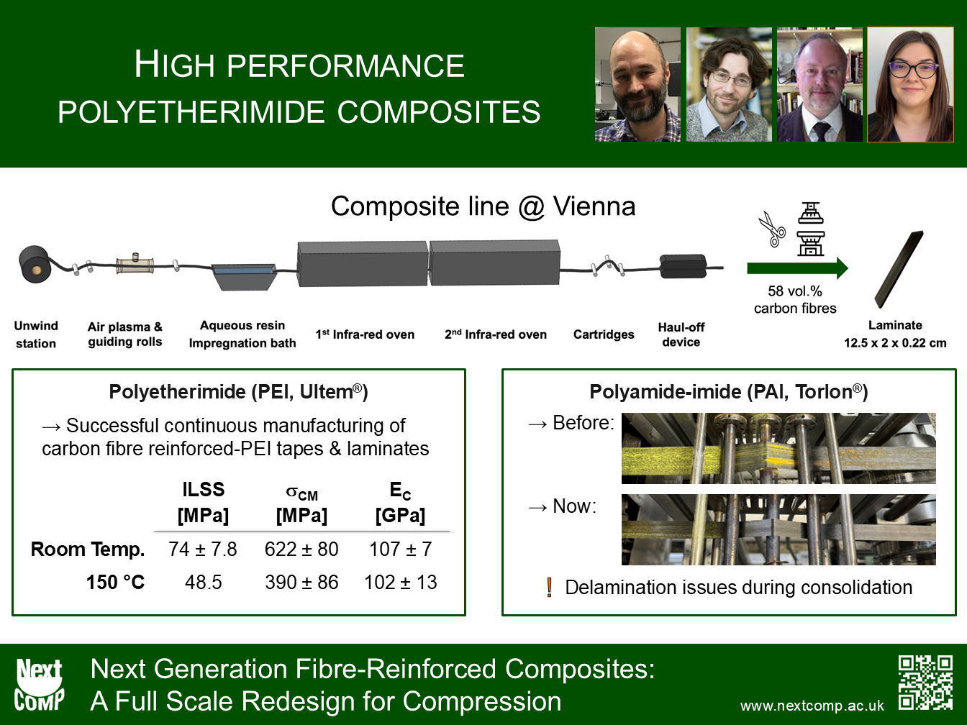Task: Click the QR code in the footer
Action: [x=925, y=683]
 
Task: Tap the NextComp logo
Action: [x=39, y=685]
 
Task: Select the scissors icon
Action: [x=772, y=229]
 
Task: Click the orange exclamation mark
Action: [x=550, y=587]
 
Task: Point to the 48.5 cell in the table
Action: [x=203, y=583]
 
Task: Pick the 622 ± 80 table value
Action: [x=301, y=549]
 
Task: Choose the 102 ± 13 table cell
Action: [x=401, y=583]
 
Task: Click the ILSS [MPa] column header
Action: [x=203, y=502]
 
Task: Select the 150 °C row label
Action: [x=115, y=583]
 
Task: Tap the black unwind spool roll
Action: [x=35, y=264]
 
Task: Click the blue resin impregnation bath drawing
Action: [x=244, y=276]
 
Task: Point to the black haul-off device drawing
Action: [x=683, y=266]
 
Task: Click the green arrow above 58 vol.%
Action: [x=797, y=268]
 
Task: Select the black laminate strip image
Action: [x=899, y=270]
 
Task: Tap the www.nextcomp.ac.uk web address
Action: [x=812, y=706]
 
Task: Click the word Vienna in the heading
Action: [x=594, y=206]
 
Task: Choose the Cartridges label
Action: [x=604, y=334]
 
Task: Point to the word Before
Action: [x=584, y=423]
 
